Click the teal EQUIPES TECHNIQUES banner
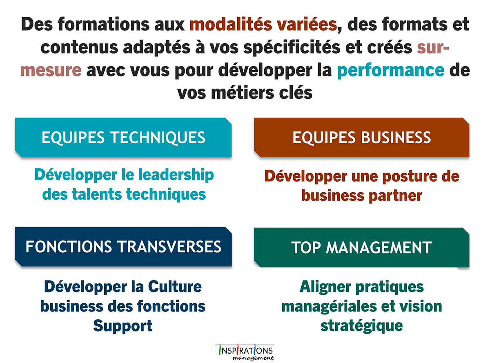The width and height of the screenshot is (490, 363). pos(123,138)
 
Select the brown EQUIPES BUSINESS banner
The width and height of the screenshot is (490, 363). pos(362,138)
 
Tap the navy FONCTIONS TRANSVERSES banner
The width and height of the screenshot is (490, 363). pos(123,247)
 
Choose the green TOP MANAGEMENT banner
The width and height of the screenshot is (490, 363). pos(362,247)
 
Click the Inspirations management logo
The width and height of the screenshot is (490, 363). pos(245,352)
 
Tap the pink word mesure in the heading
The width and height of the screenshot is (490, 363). pos(51,71)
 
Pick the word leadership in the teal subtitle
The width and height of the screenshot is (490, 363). pos(176,176)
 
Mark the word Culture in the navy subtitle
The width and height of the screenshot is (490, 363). pos(175,287)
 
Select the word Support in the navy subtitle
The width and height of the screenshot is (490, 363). pos(123,326)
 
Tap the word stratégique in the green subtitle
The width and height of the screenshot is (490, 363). pos(362,326)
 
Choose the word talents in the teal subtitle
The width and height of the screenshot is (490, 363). pos(97,194)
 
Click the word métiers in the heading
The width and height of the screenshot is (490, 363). pos(243,93)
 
